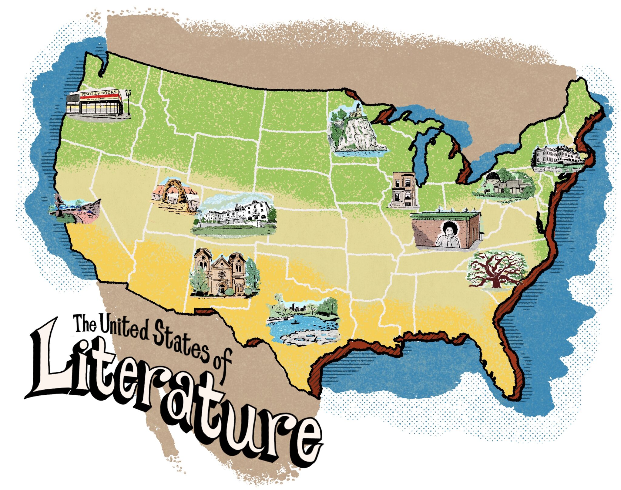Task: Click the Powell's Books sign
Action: [99, 93]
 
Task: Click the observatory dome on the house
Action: [492, 177]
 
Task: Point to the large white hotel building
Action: [237, 214]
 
